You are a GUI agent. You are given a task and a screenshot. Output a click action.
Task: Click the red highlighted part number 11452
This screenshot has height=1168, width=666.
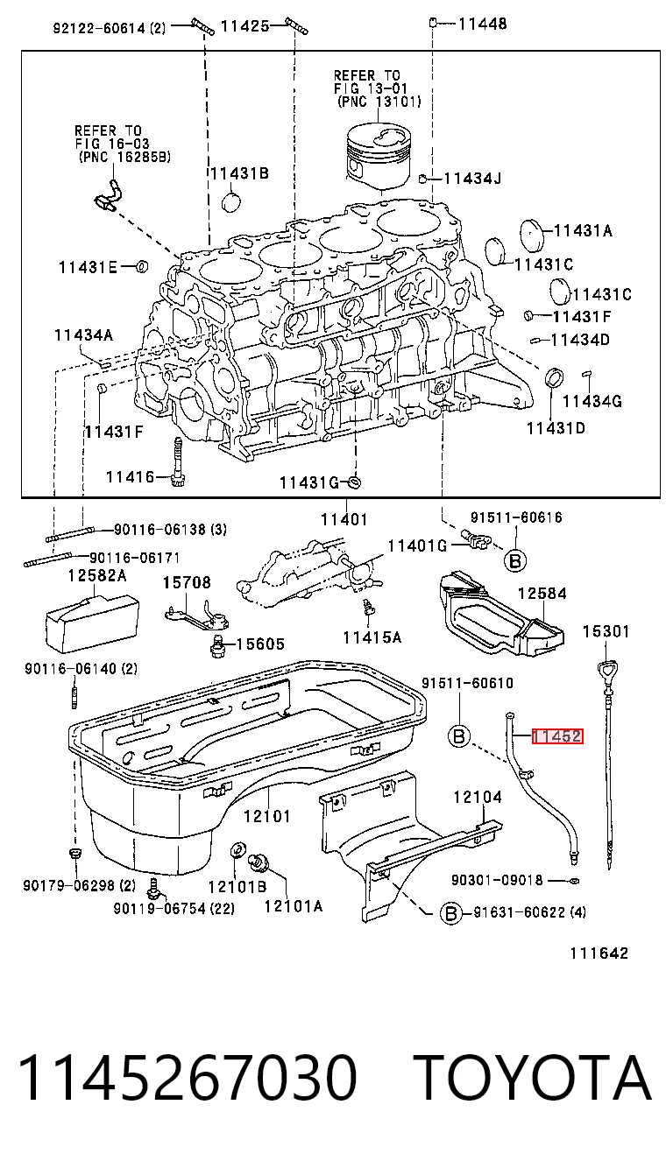[x=557, y=735]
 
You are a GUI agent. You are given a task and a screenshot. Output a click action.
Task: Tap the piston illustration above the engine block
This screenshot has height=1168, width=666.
[x=379, y=158]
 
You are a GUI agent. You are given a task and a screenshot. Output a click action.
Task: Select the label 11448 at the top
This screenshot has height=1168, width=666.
[x=482, y=24]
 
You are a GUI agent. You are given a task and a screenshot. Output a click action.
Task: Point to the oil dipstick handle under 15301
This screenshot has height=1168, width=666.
[x=607, y=669]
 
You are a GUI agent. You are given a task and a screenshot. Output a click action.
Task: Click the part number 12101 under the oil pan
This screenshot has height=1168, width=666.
[x=267, y=815]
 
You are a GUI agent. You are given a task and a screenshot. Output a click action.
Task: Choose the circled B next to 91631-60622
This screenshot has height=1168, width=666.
[x=450, y=912]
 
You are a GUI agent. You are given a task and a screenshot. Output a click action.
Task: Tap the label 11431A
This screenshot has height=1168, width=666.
[x=583, y=230]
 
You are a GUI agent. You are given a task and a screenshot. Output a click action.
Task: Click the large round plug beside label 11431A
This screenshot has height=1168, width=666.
[x=532, y=236]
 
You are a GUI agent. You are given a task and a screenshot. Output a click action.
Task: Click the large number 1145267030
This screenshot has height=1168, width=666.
[x=188, y=1076]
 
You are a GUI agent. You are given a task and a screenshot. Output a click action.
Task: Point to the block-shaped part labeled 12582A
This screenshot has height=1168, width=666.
[x=93, y=623]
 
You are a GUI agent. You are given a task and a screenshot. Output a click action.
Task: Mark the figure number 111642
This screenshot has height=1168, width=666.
[x=599, y=953]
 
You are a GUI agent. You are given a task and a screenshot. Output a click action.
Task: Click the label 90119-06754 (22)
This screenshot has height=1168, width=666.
[x=174, y=908]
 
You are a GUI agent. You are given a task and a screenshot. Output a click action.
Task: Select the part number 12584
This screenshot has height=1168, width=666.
[x=542, y=593]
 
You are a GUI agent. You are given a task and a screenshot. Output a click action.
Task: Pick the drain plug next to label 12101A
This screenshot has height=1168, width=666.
[x=258, y=862]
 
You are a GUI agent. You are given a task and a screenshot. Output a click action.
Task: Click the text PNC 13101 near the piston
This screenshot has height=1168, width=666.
[x=379, y=102]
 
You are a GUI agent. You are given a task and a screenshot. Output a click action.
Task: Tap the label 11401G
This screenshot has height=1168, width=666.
[x=417, y=545]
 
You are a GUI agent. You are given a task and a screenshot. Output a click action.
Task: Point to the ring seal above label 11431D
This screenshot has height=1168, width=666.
[x=555, y=377]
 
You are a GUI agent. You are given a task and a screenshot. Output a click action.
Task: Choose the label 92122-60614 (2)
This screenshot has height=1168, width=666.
[x=109, y=27]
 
